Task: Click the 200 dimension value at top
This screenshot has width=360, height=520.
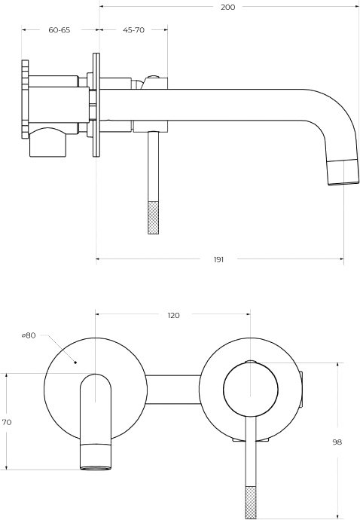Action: pos(227,7)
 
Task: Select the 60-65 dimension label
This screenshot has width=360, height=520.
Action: pos(59,30)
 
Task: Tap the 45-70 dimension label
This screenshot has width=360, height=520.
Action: pos(133,30)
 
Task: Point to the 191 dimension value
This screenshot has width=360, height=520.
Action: pos(218,259)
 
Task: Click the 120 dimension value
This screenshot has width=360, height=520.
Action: pos(173,315)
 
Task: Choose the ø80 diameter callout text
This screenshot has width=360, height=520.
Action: pos(29,335)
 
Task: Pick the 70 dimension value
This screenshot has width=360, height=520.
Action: pos(7,422)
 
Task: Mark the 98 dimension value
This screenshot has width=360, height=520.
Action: pos(337,442)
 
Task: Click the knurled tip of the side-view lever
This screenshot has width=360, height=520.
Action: pos(153,218)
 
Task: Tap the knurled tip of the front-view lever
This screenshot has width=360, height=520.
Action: pos(251,503)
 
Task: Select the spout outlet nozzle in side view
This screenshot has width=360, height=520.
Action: pos(343,172)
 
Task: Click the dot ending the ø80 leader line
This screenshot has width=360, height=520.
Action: pos(75,362)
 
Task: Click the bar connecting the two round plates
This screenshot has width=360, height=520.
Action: pos(173,390)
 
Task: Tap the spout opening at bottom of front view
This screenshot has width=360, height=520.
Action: pos(96,468)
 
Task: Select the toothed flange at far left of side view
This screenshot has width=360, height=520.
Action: pos(25,99)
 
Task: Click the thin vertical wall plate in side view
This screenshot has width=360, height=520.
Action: pos(96,105)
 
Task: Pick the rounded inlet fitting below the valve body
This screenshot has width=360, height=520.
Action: pos(47,142)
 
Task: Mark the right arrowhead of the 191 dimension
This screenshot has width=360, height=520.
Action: pos(341,259)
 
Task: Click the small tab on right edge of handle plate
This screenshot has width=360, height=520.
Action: pos(301,390)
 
